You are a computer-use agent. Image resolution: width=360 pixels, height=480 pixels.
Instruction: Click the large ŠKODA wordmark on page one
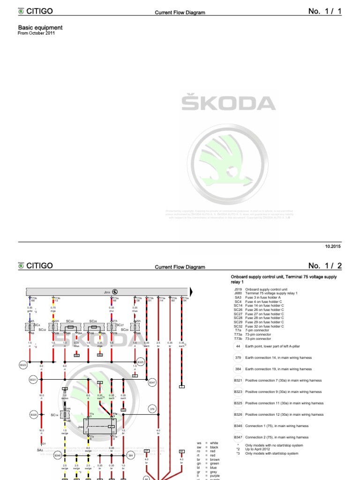point(228,104)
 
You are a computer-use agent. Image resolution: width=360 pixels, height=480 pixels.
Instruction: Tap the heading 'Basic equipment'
point(40,28)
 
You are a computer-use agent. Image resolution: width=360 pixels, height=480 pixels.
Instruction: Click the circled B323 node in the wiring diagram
point(23,364)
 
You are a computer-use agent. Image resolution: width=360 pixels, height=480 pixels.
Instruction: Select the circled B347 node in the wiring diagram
point(152,382)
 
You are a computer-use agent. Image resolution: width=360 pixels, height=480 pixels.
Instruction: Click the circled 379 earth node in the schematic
point(152,409)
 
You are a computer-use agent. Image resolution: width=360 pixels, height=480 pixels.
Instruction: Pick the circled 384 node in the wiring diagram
point(131,455)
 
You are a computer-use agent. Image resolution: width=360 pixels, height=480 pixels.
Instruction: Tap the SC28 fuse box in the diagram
point(71,326)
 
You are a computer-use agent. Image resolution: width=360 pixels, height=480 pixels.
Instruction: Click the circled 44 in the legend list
point(238,346)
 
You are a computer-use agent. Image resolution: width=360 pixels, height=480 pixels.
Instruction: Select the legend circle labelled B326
point(238,414)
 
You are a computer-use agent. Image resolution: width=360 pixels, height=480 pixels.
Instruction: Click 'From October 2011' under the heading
point(33,34)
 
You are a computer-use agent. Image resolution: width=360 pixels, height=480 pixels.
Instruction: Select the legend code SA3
point(237,297)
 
